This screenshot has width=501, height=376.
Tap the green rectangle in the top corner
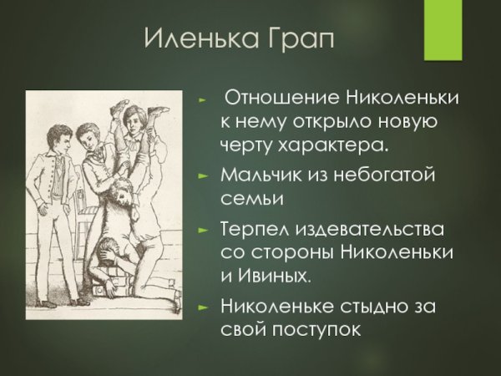443,30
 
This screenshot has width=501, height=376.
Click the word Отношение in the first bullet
275,98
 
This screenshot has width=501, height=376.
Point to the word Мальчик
259,176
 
